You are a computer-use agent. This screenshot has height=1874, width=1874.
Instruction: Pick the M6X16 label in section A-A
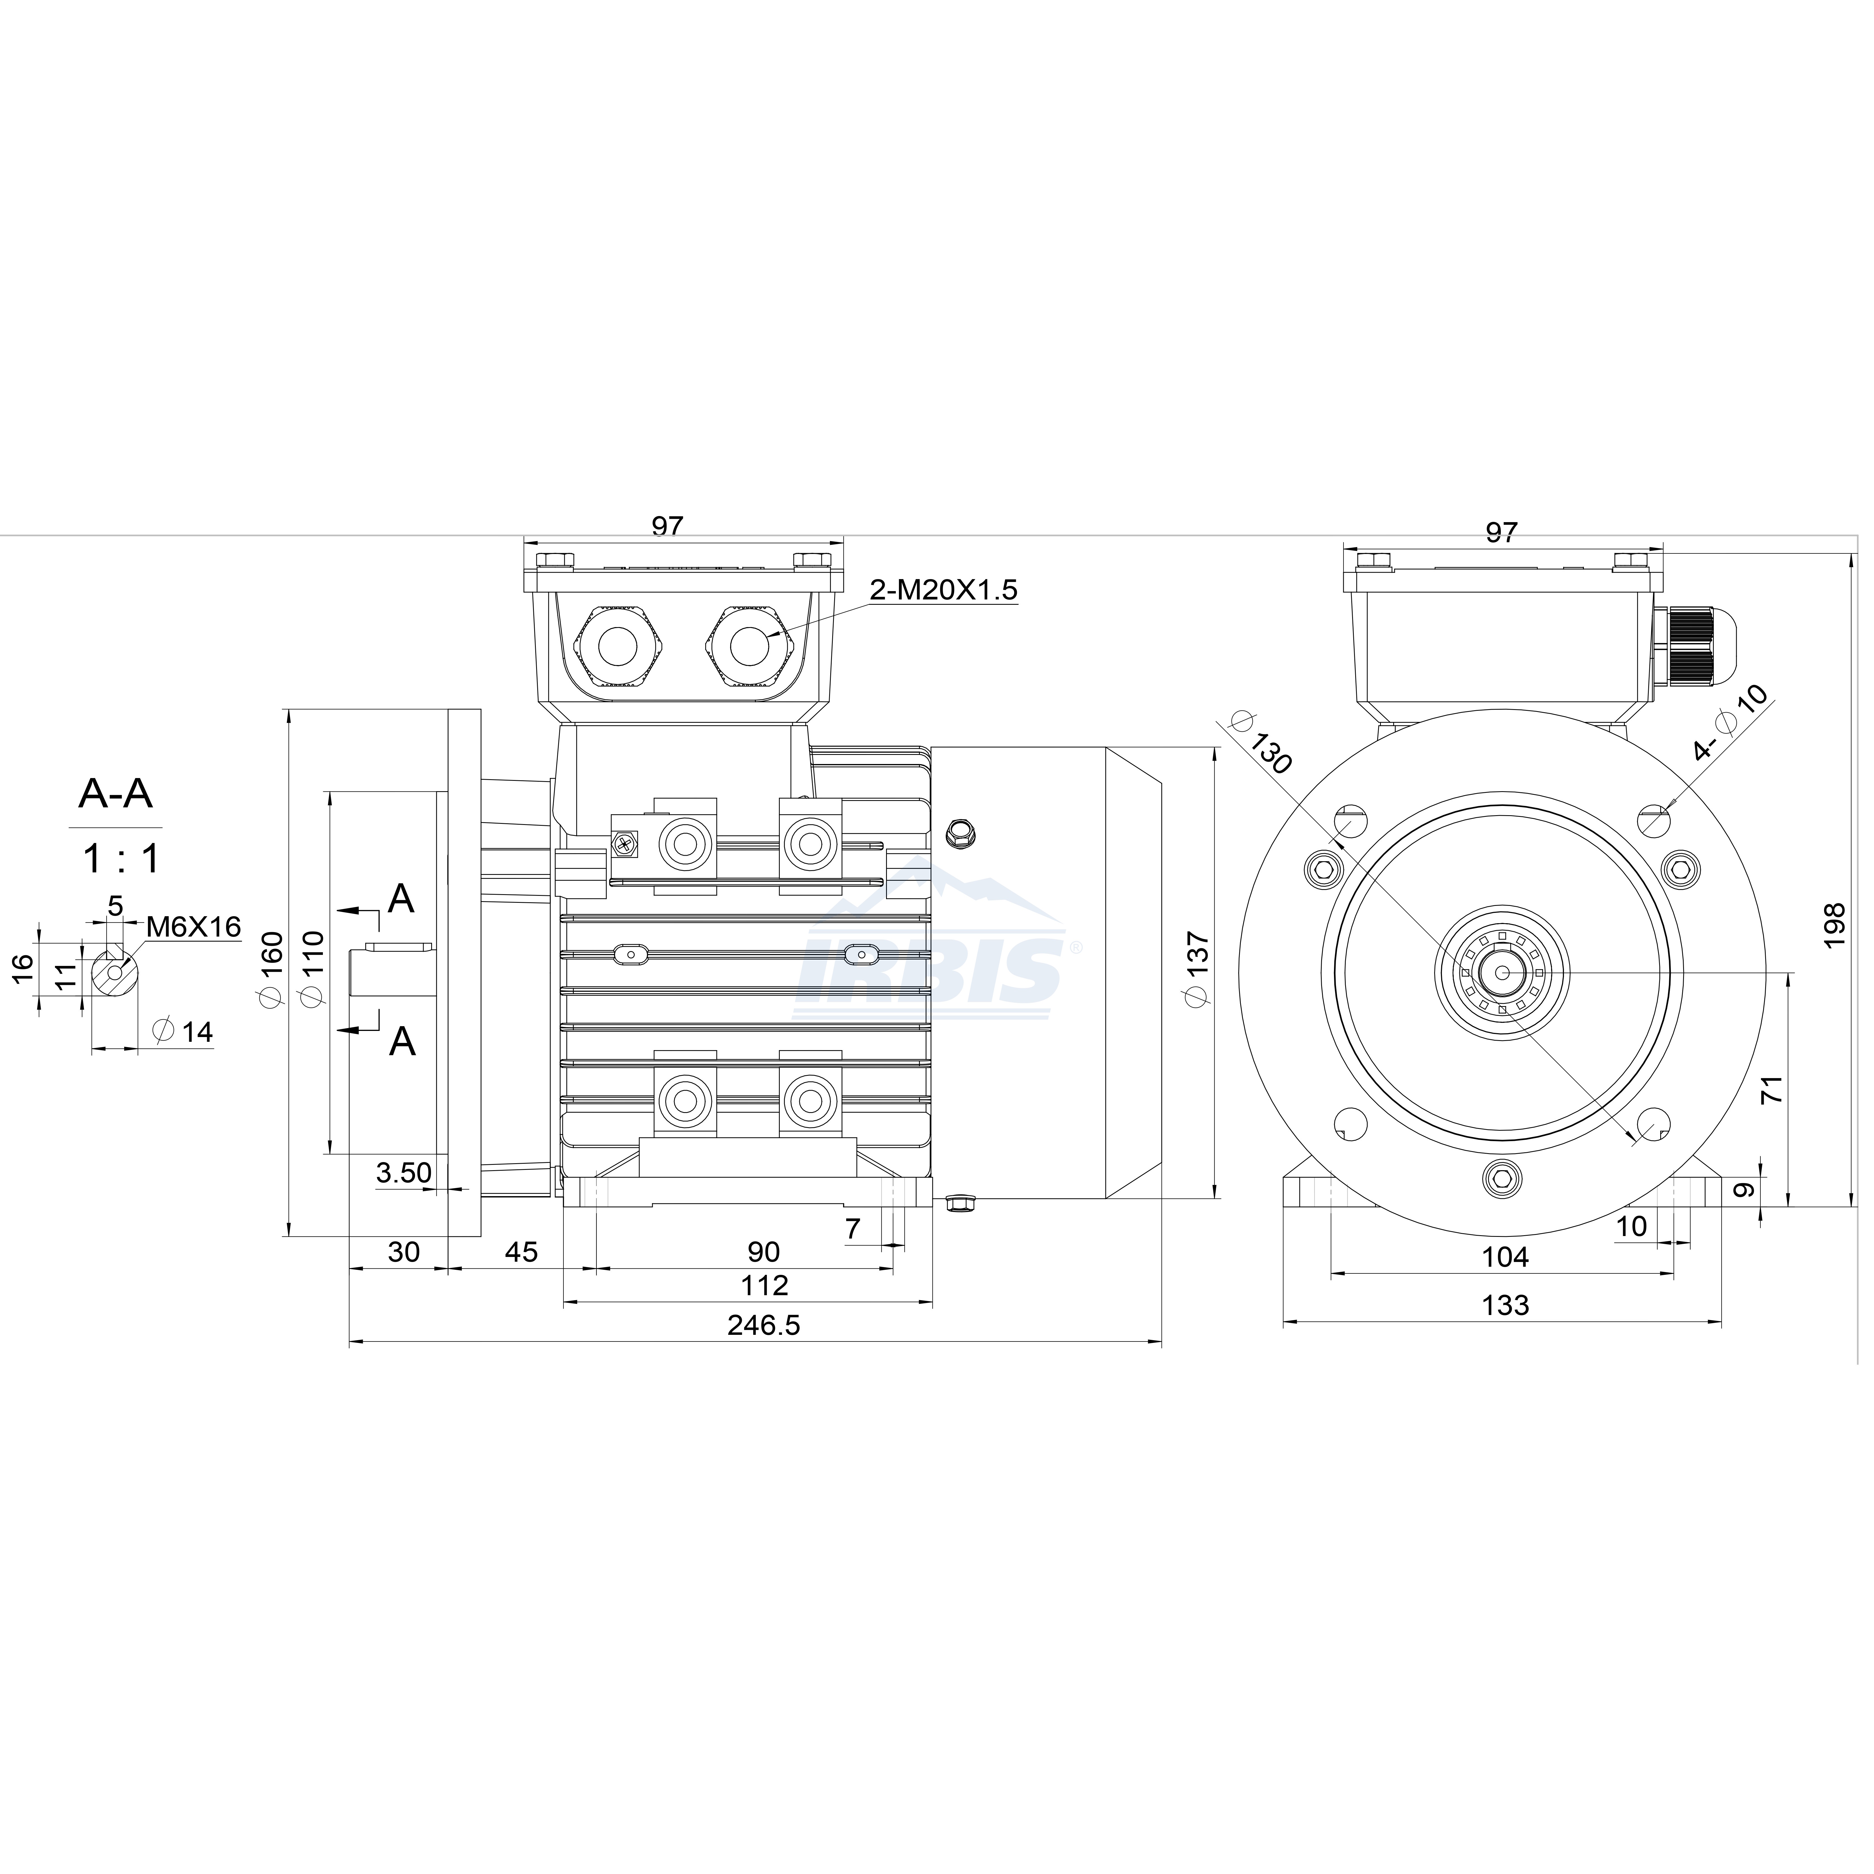pos(193,926)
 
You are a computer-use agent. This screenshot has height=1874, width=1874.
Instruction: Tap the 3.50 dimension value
pos(404,1173)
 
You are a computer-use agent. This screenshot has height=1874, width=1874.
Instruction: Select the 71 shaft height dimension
pos(1772,1088)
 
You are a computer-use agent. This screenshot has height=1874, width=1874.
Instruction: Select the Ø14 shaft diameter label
pos(183,1031)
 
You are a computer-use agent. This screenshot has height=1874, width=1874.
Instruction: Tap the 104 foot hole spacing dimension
pos(1505,1257)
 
